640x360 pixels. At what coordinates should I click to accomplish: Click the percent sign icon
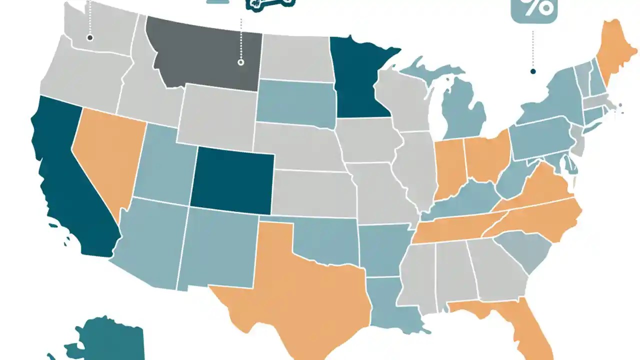point(533,7)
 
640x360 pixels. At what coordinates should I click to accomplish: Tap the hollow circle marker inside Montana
point(240,62)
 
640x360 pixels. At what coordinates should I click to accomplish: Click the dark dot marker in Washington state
point(90,37)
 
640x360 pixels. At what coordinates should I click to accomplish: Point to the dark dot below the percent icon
point(533,71)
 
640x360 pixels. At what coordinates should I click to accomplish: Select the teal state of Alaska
point(110,340)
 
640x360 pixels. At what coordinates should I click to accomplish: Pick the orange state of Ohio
point(487,155)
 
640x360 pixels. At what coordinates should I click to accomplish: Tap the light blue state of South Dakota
point(295,102)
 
